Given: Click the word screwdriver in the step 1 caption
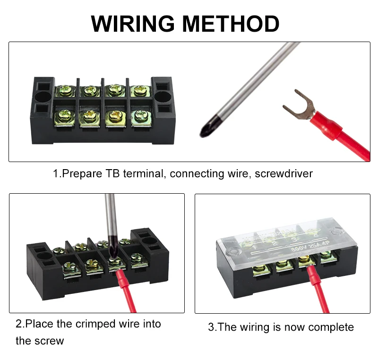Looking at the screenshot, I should click(283, 173).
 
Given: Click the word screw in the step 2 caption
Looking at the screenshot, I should click(49, 341).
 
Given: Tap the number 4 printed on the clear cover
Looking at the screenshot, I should click(311, 233).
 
